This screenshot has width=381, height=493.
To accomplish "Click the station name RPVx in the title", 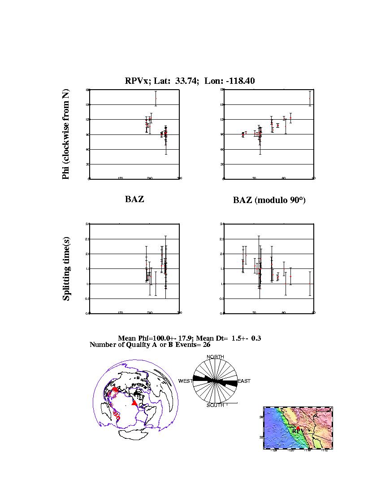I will [136, 81].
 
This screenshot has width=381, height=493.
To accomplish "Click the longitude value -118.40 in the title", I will [240, 81].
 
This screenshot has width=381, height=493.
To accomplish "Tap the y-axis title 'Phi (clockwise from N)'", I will [66, 134].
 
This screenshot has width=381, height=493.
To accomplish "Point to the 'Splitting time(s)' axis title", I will [66, 269].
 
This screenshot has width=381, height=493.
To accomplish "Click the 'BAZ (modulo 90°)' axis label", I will [269, 200].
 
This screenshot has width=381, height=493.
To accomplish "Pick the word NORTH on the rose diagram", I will [215, 357].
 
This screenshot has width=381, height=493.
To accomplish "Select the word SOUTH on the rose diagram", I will [215, 405].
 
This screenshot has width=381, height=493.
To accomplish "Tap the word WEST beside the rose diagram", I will [186, 381].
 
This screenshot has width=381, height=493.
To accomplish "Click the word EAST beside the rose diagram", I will [244, 381].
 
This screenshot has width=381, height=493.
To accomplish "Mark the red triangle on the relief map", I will [298, 428].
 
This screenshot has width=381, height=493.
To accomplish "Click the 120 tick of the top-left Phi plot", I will [120, 178].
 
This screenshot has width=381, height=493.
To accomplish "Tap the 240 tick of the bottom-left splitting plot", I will [150, 313].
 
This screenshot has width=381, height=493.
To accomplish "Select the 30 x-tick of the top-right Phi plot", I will [254, 178].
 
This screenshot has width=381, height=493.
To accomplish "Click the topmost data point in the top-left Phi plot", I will [156, 98].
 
